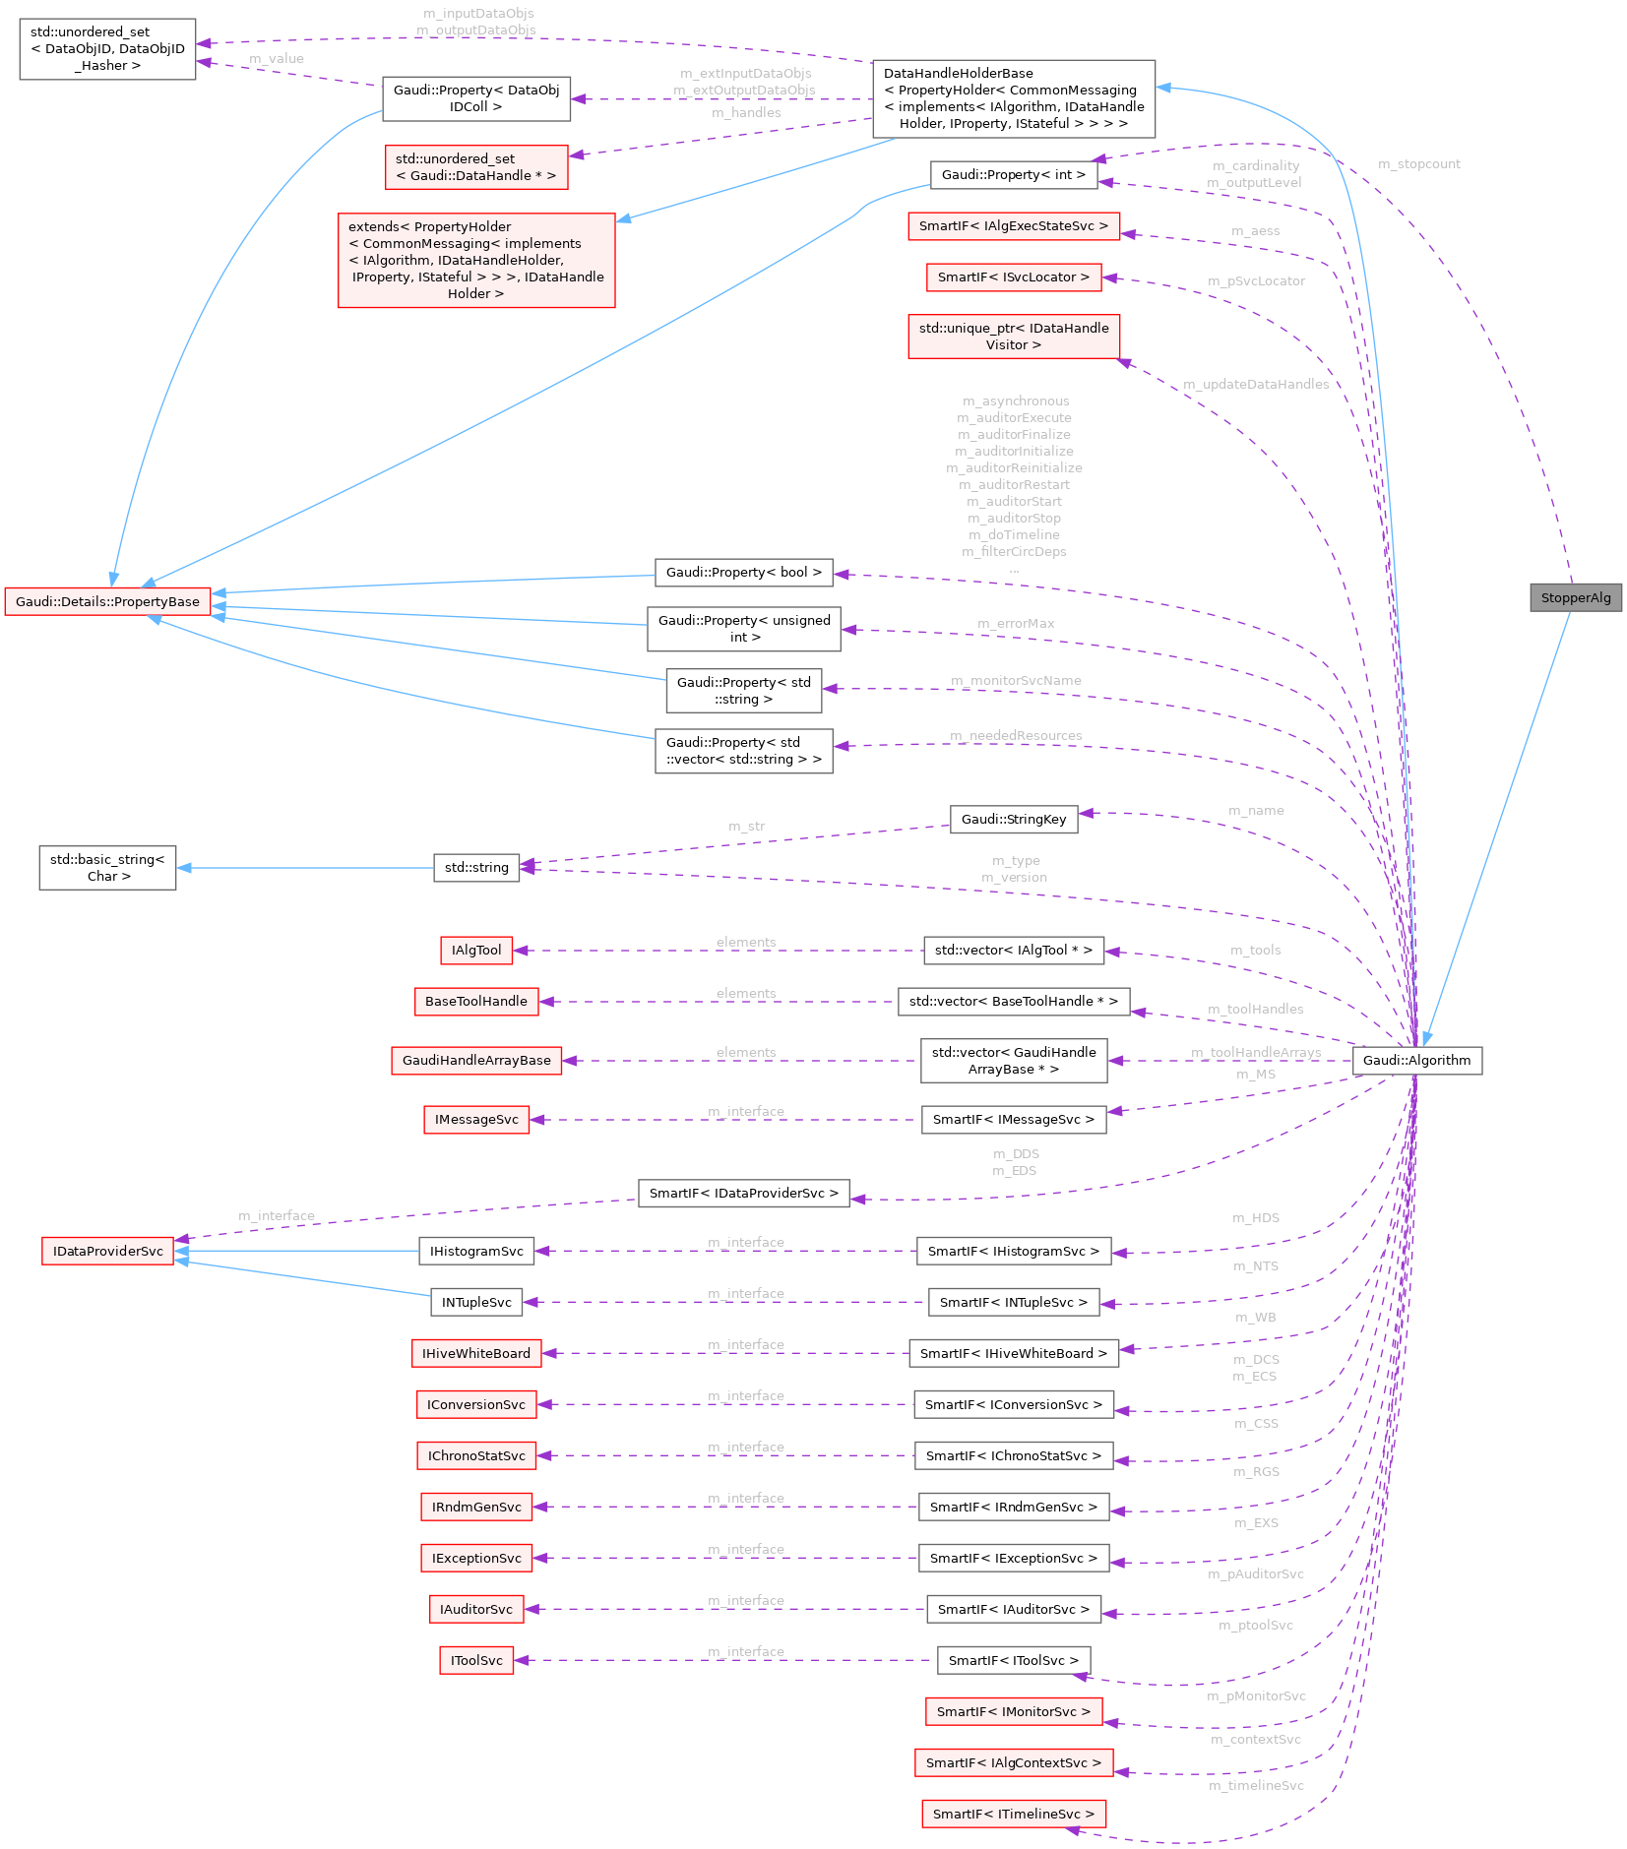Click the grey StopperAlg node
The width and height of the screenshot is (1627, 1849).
pyautogui.click(x=1575, y=597)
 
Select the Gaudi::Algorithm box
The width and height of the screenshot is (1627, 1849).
pyautogui.click(x=1416, y=1060)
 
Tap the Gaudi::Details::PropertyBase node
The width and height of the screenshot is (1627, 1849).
pyautogui.click(x=107, y=601)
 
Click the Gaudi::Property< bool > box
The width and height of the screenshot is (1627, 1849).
pyautogui.click(x=743, y=572)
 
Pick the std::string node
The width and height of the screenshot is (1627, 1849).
pyautogui.click(x=476, y=867)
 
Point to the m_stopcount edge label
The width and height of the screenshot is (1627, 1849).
pyautogui.click(x=1418, y=164)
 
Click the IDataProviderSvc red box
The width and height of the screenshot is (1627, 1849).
pyautogui.click(x=107, y=1251)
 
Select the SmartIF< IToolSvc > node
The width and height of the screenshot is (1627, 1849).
pyautogui.click(x=1013, y=1660)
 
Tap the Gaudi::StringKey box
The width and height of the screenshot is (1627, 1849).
pyautogui.click(x=1013, y=819)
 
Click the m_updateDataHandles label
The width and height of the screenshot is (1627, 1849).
pyautogui.click(x=1256, y=384)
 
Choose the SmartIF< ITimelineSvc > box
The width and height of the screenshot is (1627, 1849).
pyautogui.click(x=1013, y=1814)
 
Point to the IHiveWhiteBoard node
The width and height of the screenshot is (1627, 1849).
pyautogui.click(x=476, y=1353)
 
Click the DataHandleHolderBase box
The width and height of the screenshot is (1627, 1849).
pyautogui.click(x=1013, y=98)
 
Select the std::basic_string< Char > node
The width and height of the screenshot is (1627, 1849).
pyautogui.click(x=107, y=868)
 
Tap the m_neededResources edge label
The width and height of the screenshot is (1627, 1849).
pyautogui.click(x=1016, y=736)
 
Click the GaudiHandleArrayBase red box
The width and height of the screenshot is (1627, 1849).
pyautogui.click(x=476, y=1060)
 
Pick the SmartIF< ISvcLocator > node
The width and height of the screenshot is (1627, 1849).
pyautogui.click(x=1013, y=277)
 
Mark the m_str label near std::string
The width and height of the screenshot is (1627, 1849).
pyautogui.click(x=746, y=827)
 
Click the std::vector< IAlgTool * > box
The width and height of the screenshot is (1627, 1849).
pyautogui.click(x=1013, y=950)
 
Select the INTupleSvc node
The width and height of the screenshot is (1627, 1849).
pyautogui.click(x=476, y=1302)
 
